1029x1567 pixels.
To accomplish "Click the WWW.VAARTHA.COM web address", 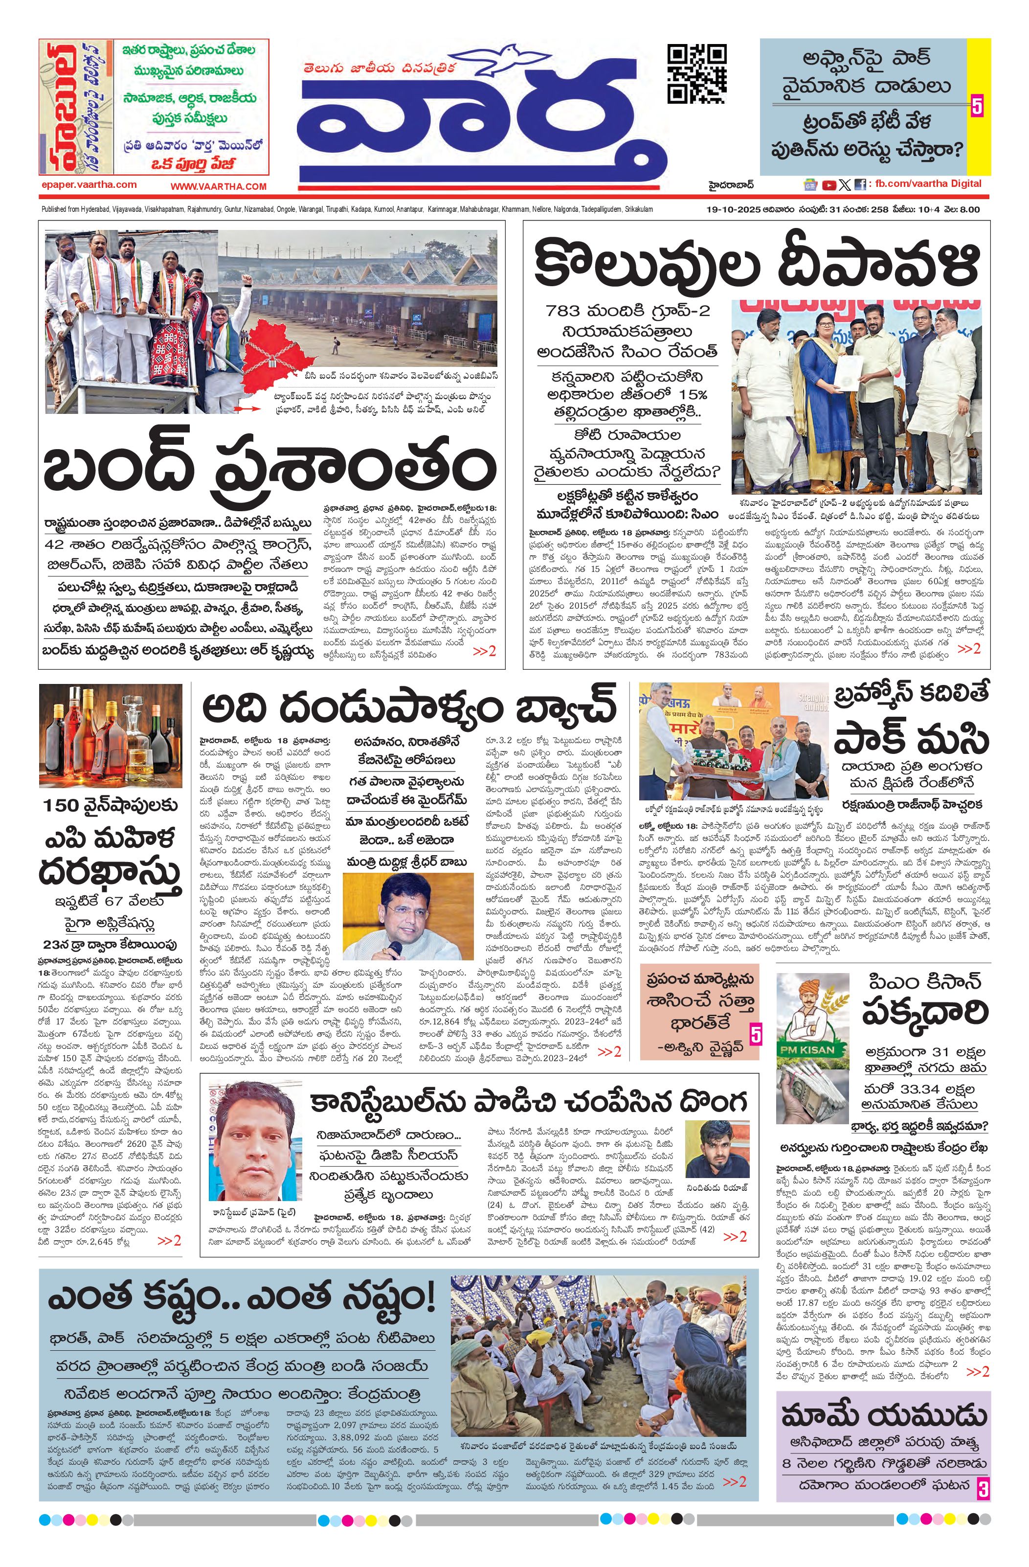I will pyautogui.click(x=219, y=187).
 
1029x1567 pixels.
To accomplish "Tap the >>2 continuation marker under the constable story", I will pyautogui.click(x=735, y=1236).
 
